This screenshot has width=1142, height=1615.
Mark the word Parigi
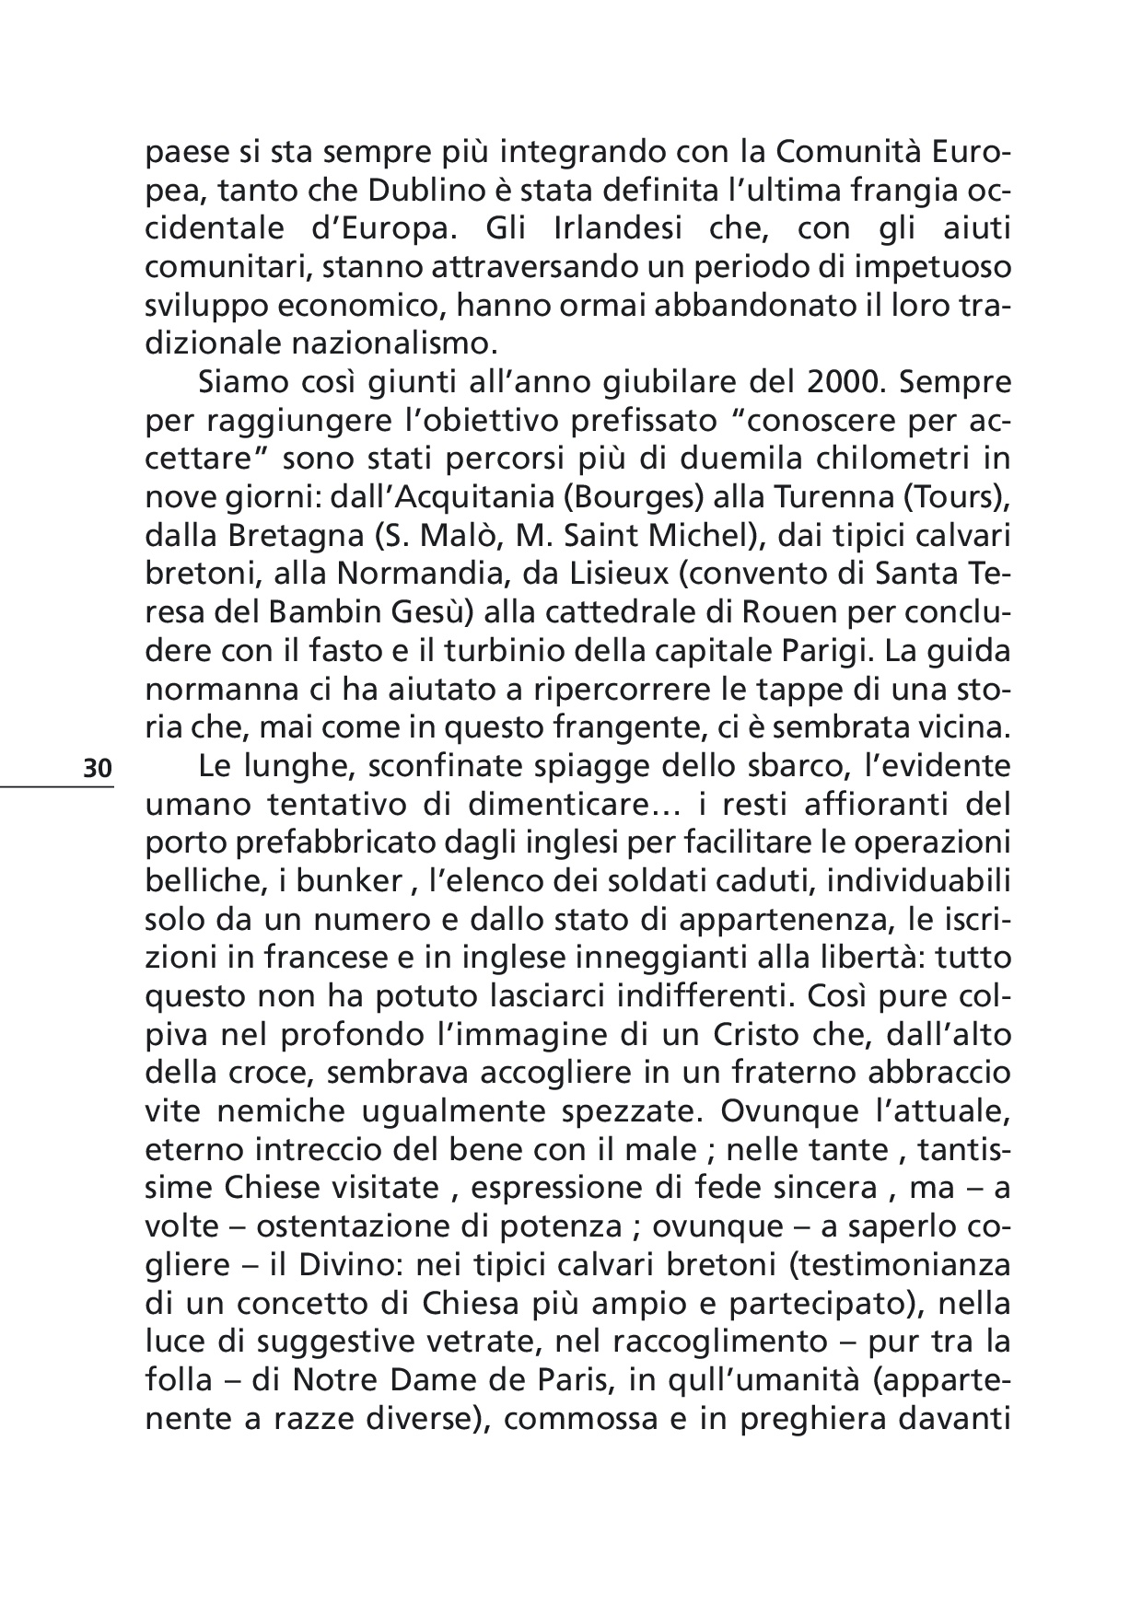click(827, 649)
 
